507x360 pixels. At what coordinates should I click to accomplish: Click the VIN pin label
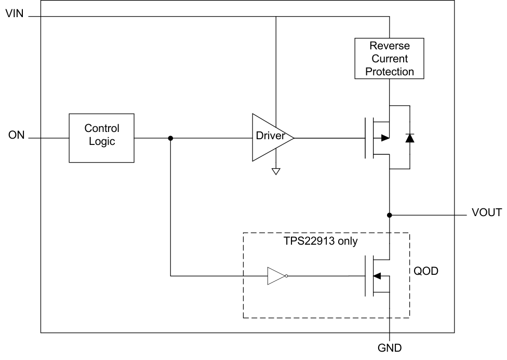point(15,14)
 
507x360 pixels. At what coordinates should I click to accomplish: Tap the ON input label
point(17,136)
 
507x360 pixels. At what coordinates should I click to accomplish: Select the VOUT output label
point(486,212)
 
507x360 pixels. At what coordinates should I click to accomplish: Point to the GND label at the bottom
point(389,348)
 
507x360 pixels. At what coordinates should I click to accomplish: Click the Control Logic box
point(101,138)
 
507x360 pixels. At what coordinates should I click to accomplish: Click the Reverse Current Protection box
point(389,58)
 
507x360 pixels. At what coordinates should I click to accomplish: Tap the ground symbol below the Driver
point(276,171)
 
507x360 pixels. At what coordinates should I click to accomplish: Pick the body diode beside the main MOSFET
point(409,138)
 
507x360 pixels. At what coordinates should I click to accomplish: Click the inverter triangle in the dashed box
point(276,276)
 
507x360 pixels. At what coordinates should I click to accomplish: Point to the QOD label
point(425,271)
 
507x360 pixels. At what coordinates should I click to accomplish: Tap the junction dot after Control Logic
point(170,138)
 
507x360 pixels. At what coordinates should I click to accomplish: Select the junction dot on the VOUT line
point(389,215)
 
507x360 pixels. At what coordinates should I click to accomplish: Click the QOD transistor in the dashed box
point(378,276)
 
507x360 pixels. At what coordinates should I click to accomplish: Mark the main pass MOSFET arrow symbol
point(384,138)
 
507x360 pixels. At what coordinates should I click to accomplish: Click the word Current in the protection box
point(389,59)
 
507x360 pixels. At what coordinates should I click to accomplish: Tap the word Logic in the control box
point(102,142)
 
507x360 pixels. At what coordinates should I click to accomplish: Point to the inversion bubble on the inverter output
point(287,276)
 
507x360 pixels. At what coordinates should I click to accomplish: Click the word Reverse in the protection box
point(389,46)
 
